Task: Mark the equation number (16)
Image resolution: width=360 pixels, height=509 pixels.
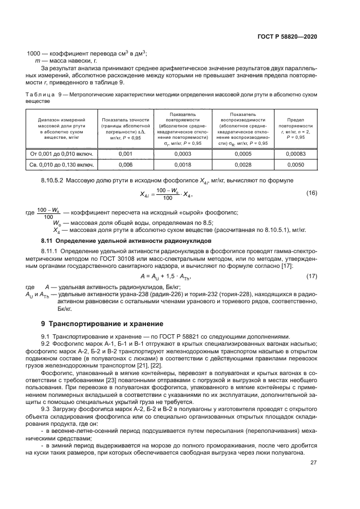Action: click(x=312, y=193)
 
